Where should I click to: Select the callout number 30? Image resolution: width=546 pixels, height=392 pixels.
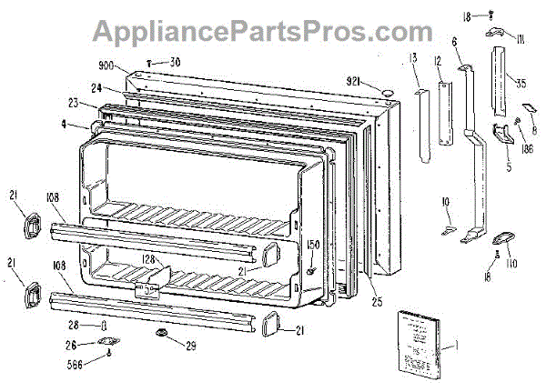point(175,62)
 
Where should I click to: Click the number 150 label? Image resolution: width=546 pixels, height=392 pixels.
point(314,246)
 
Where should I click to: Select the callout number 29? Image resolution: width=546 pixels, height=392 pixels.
point(192,347)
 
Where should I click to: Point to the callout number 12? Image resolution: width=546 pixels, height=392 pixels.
point(437,61)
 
